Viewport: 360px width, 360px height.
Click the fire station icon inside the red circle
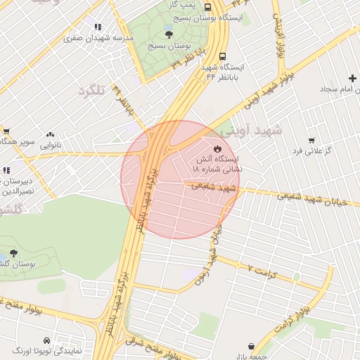pos(217,148)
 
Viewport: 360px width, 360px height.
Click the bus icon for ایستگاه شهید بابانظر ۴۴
pos(222,56)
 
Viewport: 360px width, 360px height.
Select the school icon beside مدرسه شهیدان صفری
pos(97,27)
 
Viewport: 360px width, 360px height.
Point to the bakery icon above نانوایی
pos(50,134)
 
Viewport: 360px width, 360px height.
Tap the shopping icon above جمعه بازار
pos(252,347)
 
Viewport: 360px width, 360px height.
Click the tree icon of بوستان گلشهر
pos(14,254)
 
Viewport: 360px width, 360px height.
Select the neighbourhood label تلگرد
pos(91,91)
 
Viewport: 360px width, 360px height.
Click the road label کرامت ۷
pos(264,271)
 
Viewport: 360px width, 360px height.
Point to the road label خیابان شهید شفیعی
pos(306,198)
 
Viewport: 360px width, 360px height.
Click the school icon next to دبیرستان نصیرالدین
pos(6,170)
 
